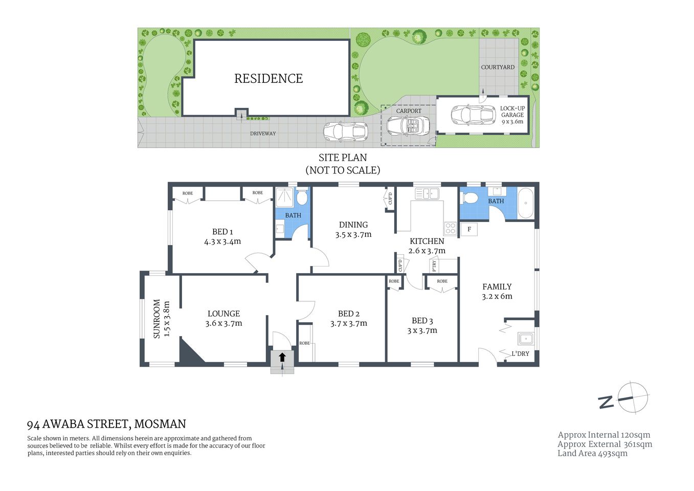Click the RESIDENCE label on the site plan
268,78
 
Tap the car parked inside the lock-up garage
466,115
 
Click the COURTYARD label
498,67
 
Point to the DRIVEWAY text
263,133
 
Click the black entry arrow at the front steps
282,357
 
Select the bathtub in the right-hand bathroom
526,204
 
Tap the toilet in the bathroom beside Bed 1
302,196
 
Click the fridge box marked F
469,229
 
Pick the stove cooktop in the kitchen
450,228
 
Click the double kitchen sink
427,193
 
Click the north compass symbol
632,397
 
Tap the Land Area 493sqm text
592,453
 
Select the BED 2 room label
349,314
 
